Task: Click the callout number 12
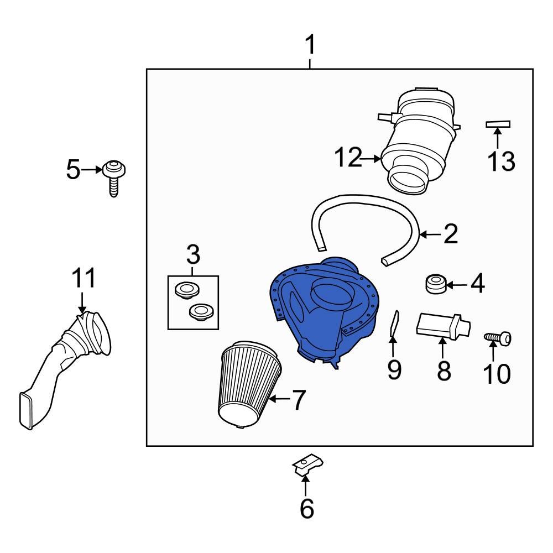(x=348, y=159)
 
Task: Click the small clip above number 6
(x=307, y=465)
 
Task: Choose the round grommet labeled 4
(x=436, y=284)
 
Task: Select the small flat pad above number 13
(x=498, y=124)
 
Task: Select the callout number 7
(x=299, y=400)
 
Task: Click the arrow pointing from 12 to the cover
(x=371, y=159)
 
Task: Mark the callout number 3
(x=193, y=255)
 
